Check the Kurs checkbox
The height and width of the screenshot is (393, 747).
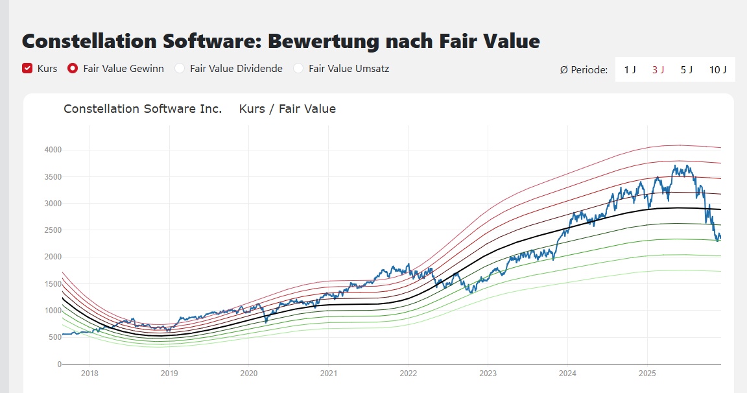coord(27,68)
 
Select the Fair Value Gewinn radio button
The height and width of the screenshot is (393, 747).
coord(73,68)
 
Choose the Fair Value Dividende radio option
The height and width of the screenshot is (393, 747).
coord(180,68)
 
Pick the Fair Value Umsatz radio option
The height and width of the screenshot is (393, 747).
coord(298,68)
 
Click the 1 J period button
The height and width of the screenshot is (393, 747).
coord(630,69)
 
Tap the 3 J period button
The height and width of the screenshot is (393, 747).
coord(658,69)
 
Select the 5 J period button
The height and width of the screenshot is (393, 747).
coord(687,69)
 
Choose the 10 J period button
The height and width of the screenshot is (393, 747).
coord(718,69)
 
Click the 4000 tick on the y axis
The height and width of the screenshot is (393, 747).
coord(53,150)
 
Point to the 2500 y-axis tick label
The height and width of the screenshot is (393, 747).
coord(53,230)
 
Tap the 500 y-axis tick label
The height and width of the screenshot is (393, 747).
coord(54,337)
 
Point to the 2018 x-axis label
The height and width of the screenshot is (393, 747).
coord(89,374)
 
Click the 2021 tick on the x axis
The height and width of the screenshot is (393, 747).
coord(328,374)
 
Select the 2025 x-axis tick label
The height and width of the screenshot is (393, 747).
coord(646,374)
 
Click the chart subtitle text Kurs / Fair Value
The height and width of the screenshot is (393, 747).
coord(287,109)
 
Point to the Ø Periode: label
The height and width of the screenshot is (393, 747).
coord(584,69)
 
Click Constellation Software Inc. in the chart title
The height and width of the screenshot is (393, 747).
coord(143,109)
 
